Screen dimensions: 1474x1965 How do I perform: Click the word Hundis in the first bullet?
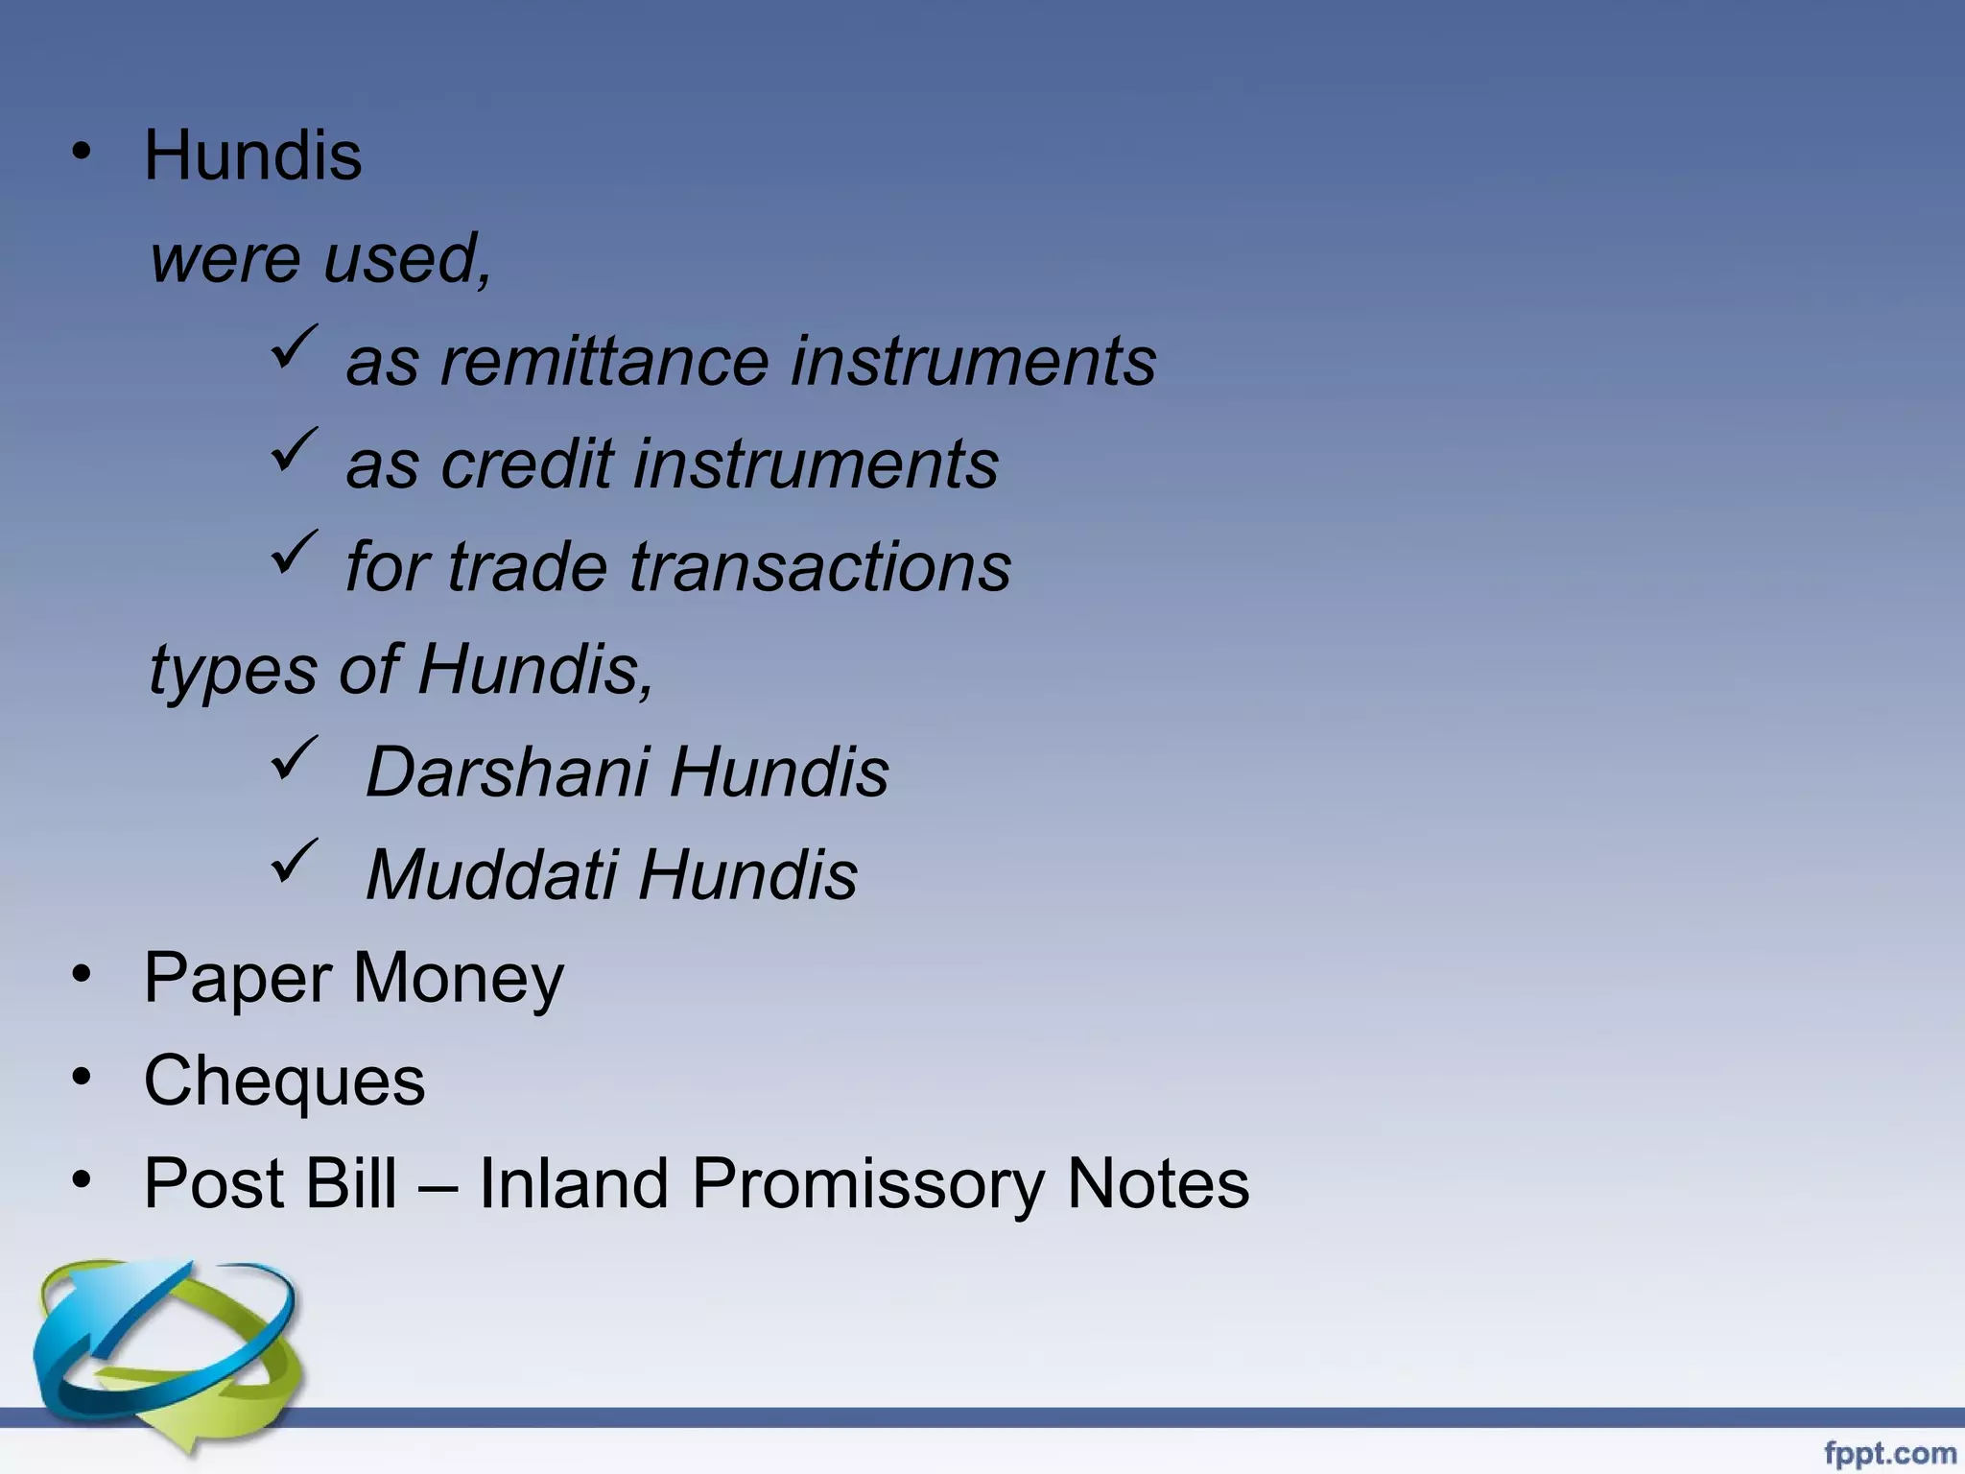coord(252,155)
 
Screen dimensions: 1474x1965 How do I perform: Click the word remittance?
coord(604,362)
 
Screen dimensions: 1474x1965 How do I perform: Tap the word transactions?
coord(820,566)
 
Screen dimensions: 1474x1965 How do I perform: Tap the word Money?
coord(459,978)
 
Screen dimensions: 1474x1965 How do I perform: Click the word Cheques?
coord(284,1081)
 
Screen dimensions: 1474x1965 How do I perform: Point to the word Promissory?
coord(867,1183)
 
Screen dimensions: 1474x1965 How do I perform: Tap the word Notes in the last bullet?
coord(1158,1183)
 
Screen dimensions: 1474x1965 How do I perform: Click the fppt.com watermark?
coord(1889,1453)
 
